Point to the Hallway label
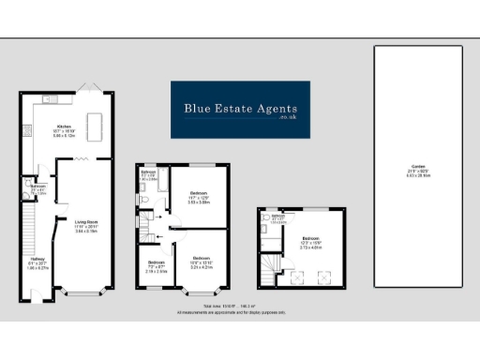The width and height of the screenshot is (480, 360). [x=37, y=262]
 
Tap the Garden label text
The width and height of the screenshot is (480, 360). [x=417, y=172]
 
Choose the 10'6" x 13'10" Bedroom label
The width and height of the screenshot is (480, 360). [x=202, y=262]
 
